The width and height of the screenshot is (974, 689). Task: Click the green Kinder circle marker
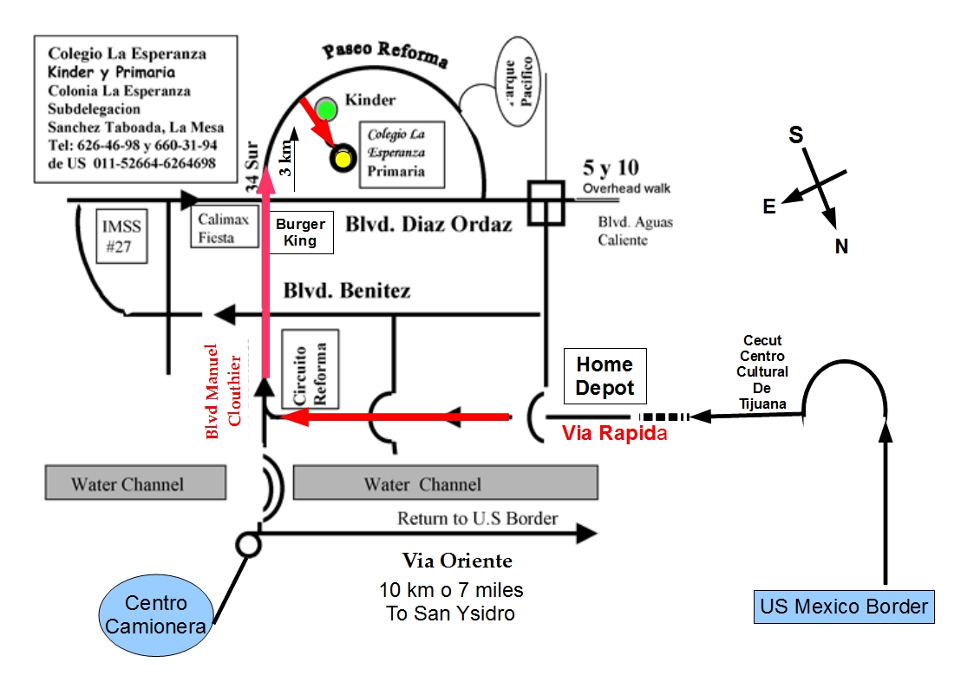pyautogui.click(x=326, y=109)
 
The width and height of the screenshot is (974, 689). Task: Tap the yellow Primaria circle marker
pyautogui.click(x=343, y=159)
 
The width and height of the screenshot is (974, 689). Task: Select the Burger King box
pyautogui.click(x=300, y=233)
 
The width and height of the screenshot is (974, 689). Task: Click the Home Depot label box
pyautogui.click(x=605, y=376)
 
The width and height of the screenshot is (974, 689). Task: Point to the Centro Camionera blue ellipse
pyautogui.click(x=156, y=614)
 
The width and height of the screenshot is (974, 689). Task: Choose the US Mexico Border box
pyautogui.click(x=843, y=606)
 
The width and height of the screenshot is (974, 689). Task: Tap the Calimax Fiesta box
pyautogui.click(x=222, y=228)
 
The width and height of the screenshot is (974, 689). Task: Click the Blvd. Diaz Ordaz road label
pyautogui.click(x=429, y=224)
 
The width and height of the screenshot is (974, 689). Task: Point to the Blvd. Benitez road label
pyautogui.click(x=347, y=291)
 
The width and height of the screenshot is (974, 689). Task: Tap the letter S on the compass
pyautogui.click(x=795, y=135)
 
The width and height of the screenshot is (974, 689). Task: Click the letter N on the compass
pyautogui.click(x=840, y=247)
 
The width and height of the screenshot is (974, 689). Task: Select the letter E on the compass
pyautogui.click(x=768, y=206)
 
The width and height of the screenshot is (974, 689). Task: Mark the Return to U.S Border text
pyautogui.click(x=477, y=519)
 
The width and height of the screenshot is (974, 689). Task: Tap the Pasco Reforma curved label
pyautogui.click(x=385, y=53)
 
